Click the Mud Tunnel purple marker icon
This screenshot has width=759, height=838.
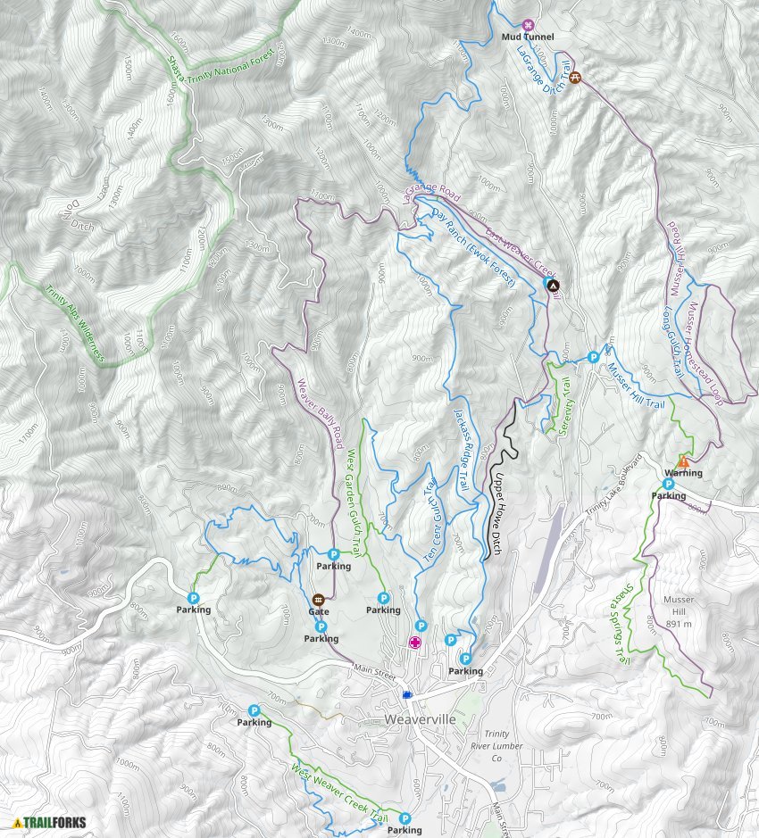pos(528,25)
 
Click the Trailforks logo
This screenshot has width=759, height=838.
pos(50,823)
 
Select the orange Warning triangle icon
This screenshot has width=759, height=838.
pos(683,461)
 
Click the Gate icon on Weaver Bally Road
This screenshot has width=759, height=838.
pos(318,599)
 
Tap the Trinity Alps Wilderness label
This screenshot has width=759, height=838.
pos(63,317)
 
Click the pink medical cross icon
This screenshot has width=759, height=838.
pos(415,642)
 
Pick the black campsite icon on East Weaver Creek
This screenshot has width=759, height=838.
pos(552,286)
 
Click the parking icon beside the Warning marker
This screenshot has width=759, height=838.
pos(668,484)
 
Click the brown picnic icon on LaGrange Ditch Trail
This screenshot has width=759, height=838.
pos(575,78)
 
